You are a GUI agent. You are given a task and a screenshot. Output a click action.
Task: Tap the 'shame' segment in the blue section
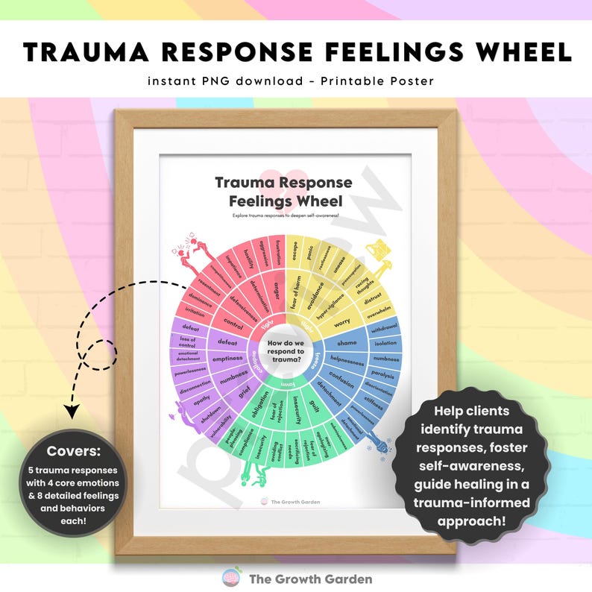(x=347, y=343)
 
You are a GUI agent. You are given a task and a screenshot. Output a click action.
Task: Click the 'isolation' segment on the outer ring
(x=385, y=343)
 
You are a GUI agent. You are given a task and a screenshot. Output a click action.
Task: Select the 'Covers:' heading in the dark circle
(x=69, y=450)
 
